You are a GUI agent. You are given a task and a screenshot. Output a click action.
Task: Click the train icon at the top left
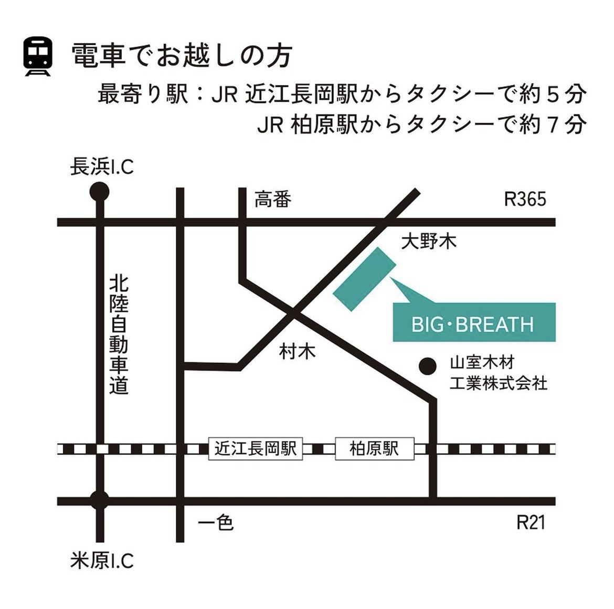(x=38, y=56)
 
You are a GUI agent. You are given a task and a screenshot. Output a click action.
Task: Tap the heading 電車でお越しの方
(x=181, y=55)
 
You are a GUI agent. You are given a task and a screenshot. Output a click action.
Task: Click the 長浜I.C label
(x=102, y=167)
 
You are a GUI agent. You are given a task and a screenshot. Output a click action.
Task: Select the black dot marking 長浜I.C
(x=99, y=192)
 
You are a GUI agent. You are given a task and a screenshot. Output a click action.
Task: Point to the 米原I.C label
(x=102, y=561)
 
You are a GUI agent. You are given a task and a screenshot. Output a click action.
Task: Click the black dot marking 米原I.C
(x=99, y=500)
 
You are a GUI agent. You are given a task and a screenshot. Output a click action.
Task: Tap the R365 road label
(x=525, y=199)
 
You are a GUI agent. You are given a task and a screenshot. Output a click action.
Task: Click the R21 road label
(x=531, y=522)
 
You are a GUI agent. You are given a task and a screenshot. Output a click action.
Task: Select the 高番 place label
(x=272, y=200)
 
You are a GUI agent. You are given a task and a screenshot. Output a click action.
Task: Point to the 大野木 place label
(x=428, y=241)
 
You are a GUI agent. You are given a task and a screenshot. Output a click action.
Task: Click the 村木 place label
(x=297, y=351)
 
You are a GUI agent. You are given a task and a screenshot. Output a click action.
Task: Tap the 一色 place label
(x=216, y=522)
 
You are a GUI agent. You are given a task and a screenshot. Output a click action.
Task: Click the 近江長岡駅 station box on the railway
(x=256, y=449)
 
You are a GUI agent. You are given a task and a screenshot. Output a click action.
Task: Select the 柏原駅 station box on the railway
(x=374, y=449)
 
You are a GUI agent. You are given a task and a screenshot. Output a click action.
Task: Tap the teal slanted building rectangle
(x=365, y=279)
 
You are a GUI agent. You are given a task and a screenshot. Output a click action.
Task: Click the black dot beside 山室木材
(x=428, y=366)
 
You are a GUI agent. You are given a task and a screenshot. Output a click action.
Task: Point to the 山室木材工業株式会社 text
(x=497, y=373)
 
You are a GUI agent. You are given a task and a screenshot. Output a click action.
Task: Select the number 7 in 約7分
(x=552, y=125)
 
